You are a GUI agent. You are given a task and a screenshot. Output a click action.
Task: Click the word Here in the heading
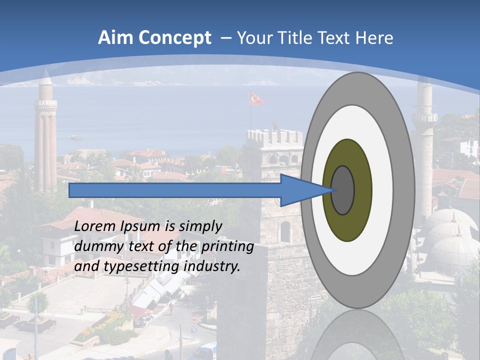(x=374, y=38)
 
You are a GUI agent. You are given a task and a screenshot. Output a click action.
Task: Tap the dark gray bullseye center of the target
(x=343, y=190)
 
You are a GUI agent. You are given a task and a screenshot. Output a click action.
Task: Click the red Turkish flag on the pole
(x=256, y=99)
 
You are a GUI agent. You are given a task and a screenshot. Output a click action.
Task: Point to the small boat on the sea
(x=76, y=136)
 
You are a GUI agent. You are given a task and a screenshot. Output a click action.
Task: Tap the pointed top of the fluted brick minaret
(x=46, y=76)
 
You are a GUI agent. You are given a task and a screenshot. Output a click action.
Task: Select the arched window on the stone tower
(x=285, y=231)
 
